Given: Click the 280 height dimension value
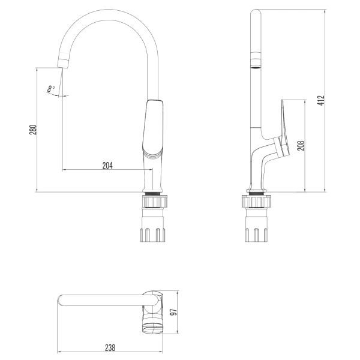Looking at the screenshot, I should point(34,130).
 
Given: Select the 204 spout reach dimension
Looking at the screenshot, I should point(107,165).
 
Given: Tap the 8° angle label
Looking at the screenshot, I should point(52,89).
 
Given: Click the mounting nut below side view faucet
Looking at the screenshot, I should point(257,234).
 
